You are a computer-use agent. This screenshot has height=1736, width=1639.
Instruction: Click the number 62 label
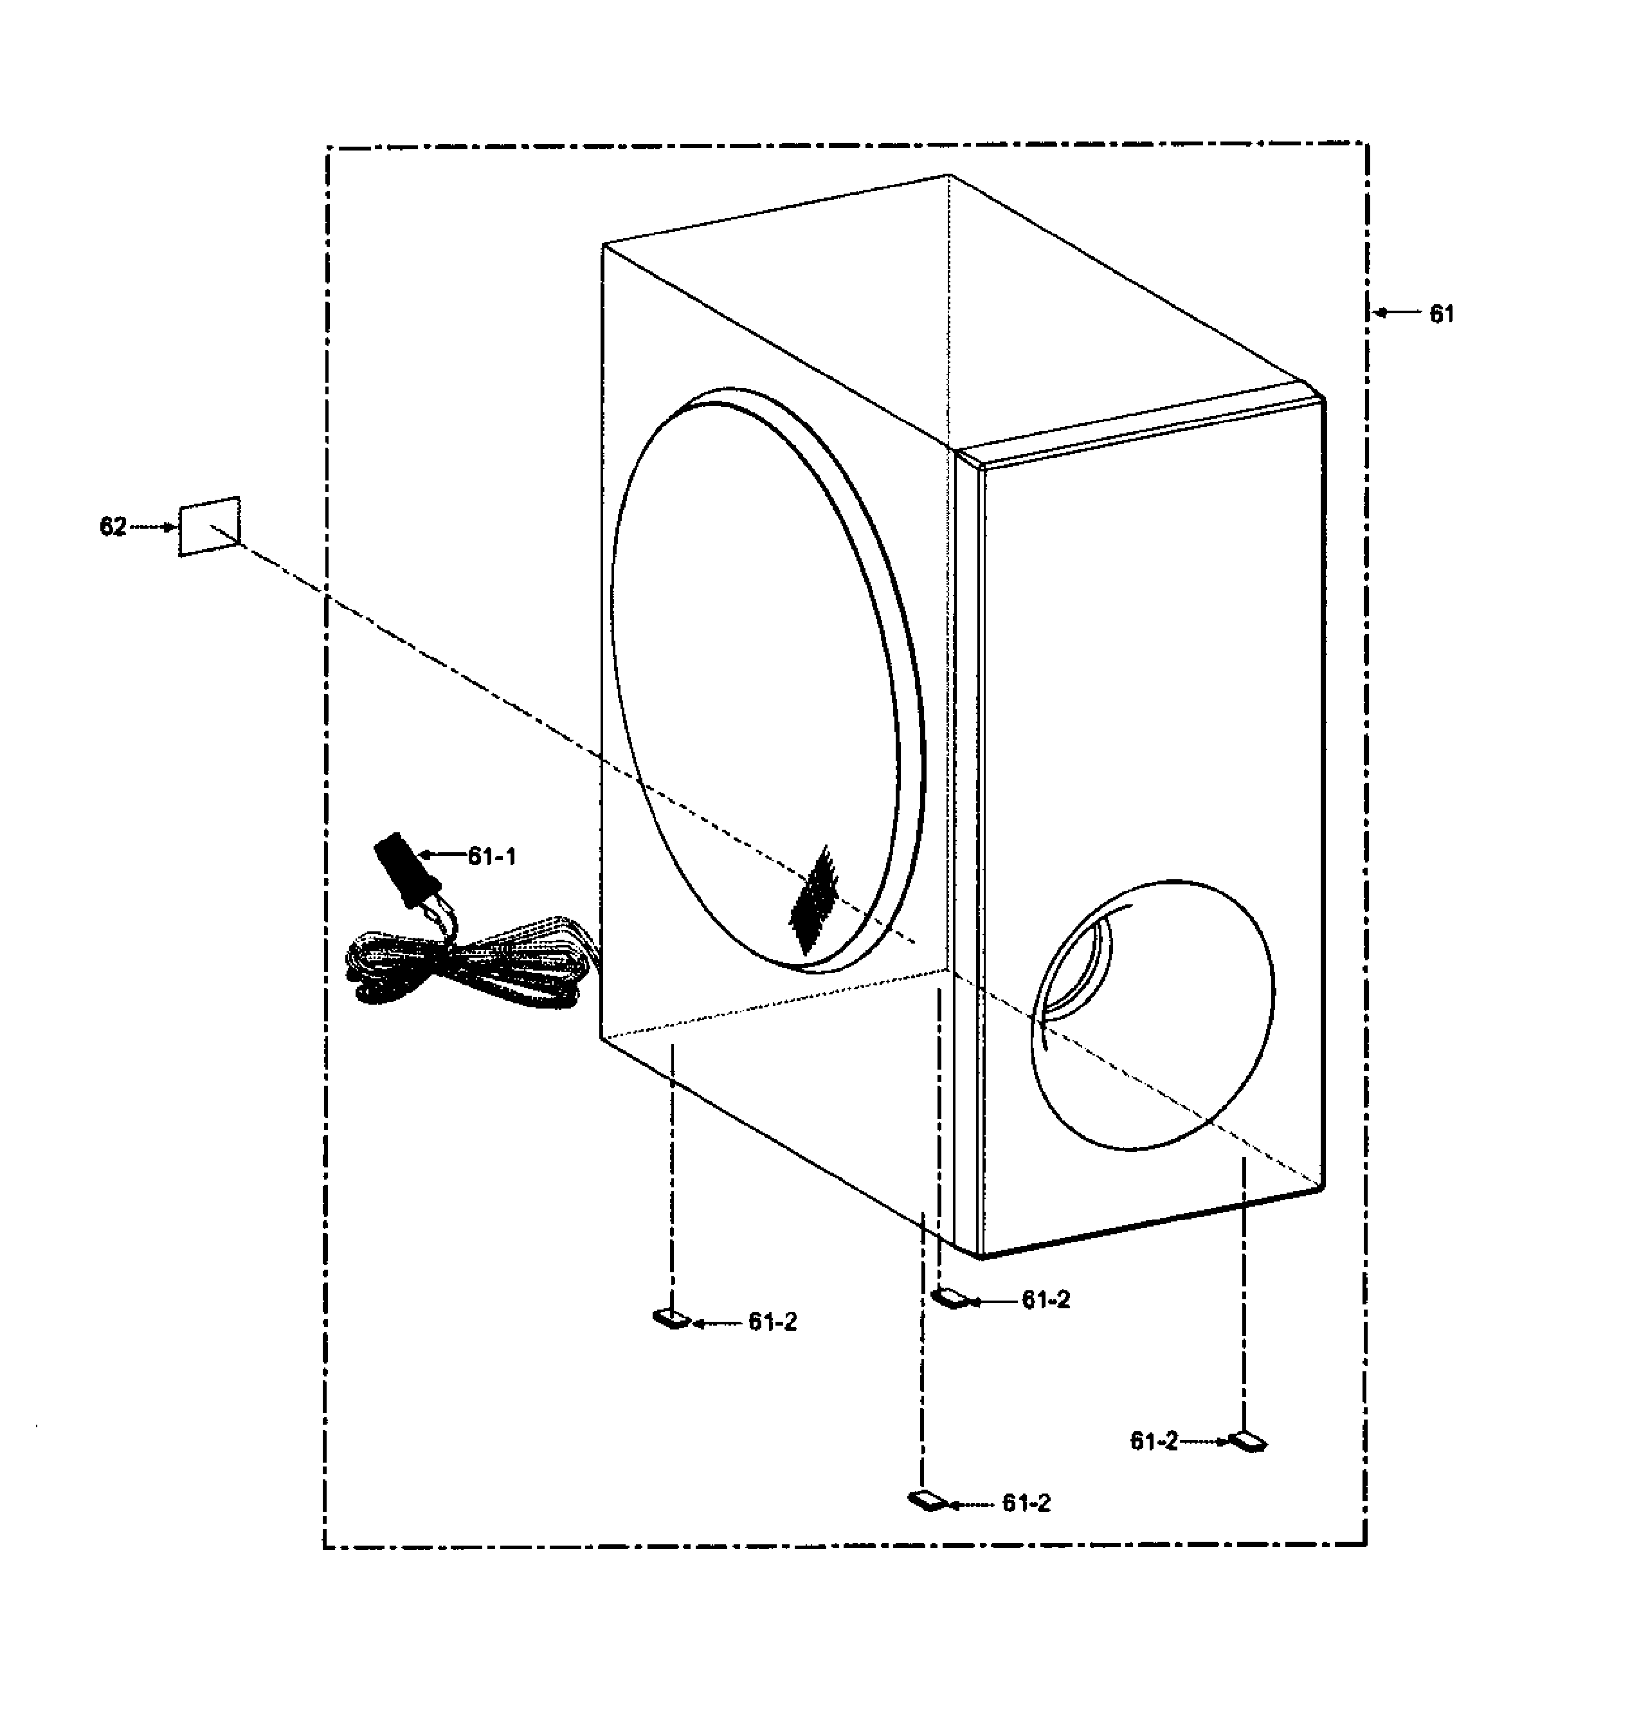(x=113, y=527)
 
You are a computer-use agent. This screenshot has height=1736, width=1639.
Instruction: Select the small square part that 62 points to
(x=210, y=526)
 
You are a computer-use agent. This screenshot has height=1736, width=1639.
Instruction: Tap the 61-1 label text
(x=492, y=857)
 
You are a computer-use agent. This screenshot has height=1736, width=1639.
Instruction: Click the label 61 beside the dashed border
(x=1442, y=314)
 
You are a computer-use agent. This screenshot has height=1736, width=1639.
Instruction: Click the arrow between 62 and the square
(x=154, y=527)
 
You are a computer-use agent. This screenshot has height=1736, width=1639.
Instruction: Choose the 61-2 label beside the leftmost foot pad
(x=772, y=1322)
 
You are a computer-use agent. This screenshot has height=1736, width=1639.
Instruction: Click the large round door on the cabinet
(x=767, y=679)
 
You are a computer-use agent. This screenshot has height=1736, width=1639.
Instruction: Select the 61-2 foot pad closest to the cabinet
(x=952, y=1297)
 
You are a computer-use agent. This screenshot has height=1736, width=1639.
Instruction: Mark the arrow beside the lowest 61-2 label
(x=972, y=1504)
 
